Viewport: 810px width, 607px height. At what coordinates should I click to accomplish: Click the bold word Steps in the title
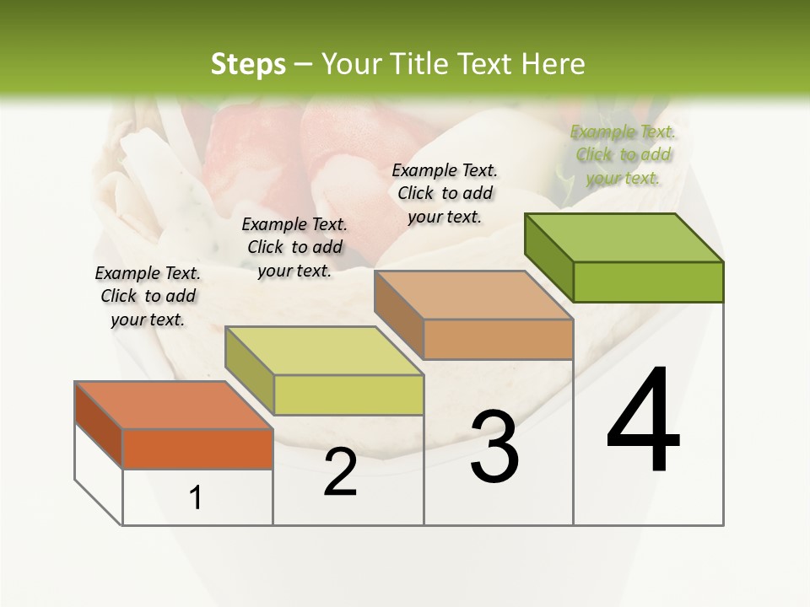[247, 64]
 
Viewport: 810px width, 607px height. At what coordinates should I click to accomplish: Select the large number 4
[643, 422]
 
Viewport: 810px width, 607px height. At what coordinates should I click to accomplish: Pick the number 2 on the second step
[340, 472]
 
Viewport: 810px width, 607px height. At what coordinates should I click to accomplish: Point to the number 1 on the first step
[196, 498]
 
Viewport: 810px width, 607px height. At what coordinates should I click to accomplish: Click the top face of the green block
[624, 237]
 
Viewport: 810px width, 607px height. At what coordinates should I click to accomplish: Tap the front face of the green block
[648, 282]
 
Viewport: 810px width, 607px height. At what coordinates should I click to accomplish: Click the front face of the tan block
[498, 339]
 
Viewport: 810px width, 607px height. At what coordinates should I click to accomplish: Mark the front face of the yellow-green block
[348, 395]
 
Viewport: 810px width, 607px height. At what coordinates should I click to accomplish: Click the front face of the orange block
[197, 449]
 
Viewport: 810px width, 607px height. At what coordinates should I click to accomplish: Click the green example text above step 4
[624, 155]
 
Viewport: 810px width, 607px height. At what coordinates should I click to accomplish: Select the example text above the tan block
[445, 194]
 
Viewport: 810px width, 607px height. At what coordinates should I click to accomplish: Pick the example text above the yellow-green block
[294, 248]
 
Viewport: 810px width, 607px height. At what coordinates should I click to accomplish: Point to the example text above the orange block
[148, 297]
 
